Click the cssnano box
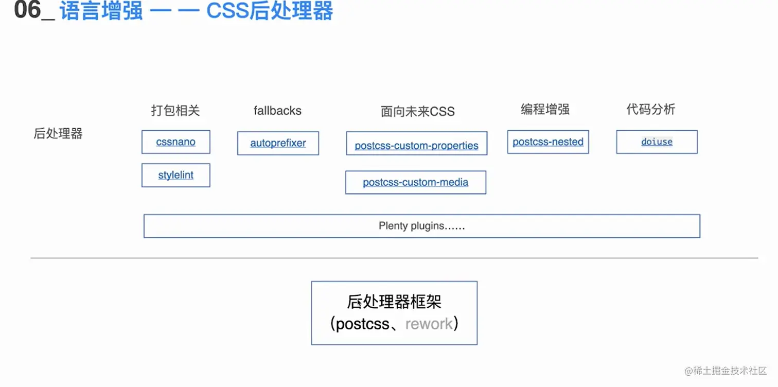pyautogui.click(x=176, y=142)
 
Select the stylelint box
pyautogui.click(x=176, y=175)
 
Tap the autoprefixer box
pyautogui.click(x=278, y=143)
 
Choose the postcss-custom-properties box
pyautogui.click(x=416, y=143)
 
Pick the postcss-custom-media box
pyautogui.click(x=415, y=182)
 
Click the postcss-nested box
pyautogui.click(x=547, y=142)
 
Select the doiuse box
pyautogui.click(x=657, y=142)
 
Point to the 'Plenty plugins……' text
pyautogui.click(x=421, y=226)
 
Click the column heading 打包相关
pyautogui.click(x=175, y=111)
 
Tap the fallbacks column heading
pyautogui.click(x=277, y=111)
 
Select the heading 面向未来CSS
pyautogui.click(x=417, y=112)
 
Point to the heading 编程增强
pyautogui.click(x=545, y=109)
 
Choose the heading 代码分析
pyautogui.click(x=650, y=109)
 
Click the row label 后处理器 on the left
pyautogui.click(x=58, y=134)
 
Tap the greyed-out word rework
pyautogui.click(x=429, y=324)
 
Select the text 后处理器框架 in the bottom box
pyautogui.click(x=394, y=302)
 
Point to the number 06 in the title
pyautogui.click(x=27, y=10)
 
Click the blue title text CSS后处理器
pyautogui.click(x=270, y=11)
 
